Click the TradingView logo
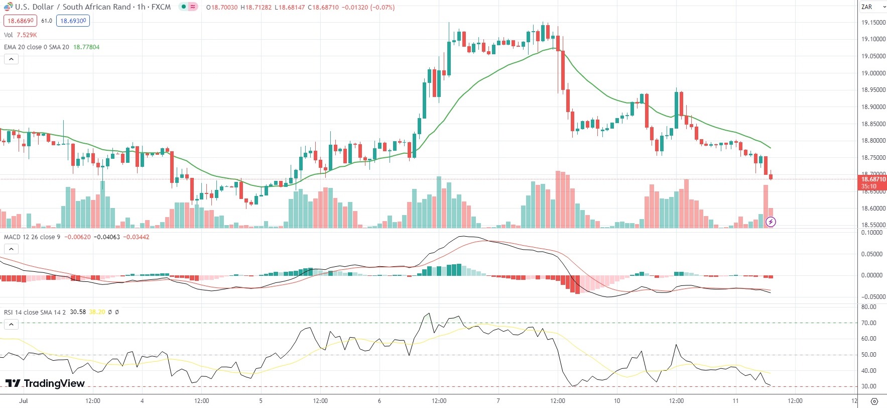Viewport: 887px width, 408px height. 45,383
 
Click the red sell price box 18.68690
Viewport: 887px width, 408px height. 20,21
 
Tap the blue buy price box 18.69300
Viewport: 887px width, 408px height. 73,21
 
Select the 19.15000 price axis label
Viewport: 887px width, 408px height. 873,23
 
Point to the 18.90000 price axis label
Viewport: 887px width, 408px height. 873,107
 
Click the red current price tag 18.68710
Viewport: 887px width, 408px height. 873,179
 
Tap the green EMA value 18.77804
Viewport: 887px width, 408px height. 86,47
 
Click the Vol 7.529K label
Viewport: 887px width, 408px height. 20,35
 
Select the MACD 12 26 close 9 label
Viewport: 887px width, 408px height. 32,237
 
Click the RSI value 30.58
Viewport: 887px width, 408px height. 78,312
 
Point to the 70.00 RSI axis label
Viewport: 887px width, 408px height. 868,323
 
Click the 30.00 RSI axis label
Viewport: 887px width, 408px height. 868,386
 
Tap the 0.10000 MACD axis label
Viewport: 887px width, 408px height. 871,233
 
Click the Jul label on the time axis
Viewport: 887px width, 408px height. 23,401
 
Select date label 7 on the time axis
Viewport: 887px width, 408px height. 498,401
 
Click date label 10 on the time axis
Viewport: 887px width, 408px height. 617,401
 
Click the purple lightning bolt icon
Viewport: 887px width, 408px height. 771,222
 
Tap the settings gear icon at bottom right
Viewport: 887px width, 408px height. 874,401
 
